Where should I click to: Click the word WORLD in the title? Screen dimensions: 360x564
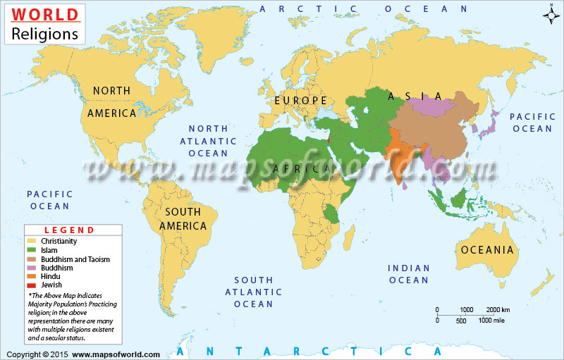click(44, 15)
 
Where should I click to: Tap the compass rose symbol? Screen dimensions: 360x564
click(551, 14)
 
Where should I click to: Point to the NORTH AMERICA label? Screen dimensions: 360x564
click(112, 101)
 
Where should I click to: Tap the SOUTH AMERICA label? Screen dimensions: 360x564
click(183, 218)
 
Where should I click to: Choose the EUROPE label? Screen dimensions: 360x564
click(301, 101)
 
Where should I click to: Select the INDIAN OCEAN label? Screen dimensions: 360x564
click(409, 274)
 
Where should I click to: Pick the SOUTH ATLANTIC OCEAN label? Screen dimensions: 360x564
click(253, 292)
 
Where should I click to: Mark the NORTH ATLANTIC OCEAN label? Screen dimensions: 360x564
click(208, 140)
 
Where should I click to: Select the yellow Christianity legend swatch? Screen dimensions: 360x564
click(32, 241)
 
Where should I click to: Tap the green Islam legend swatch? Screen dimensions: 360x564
click(32, 250)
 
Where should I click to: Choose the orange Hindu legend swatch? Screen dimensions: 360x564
click(32, 277)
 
